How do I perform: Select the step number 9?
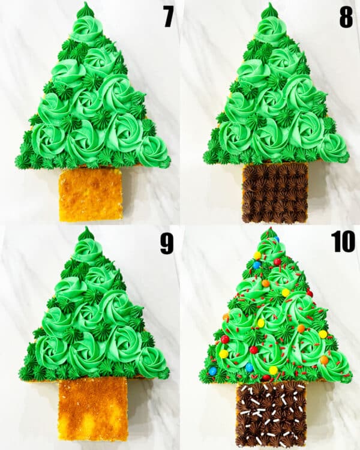click(166, 243)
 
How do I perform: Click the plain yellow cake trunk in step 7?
click(91, 194)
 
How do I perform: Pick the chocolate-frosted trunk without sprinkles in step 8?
click(275, 193)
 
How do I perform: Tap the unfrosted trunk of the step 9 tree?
click(93, 408)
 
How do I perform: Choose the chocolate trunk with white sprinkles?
click(271, 415)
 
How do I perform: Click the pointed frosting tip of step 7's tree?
click(85, 8)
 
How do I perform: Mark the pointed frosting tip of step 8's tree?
click(269, 9)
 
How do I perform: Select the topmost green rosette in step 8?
click(270, 28)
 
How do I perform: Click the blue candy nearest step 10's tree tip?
click(276, 239)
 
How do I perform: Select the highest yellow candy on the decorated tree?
click(257, 256)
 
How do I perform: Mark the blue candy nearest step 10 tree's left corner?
click(212, 371)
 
